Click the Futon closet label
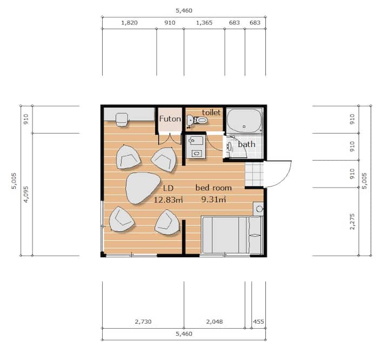[x=170, y=119]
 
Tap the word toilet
[x=211, y=112]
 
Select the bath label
[x=246, y=144]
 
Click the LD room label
[x=168, y=188]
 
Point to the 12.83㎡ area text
[x=168, y=199]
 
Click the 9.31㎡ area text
[x=213, y=199]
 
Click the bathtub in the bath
[x=244, y=121]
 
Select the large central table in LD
[x=143, y=188]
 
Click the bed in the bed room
[x=232, y=235]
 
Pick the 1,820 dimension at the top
[x=129, y=23]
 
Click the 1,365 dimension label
[x=204, y=23]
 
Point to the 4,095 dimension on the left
[x=26, y=195]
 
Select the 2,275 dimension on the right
[x=352, y=222]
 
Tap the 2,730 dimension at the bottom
[x=143, y=322]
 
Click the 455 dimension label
[x=258, y=322]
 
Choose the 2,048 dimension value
[x=214, y=322]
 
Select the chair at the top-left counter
[x=122, y=119]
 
